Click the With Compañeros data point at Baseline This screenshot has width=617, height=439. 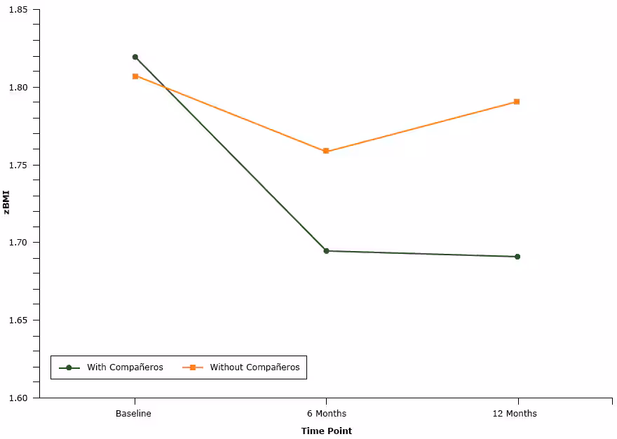pos(135,57)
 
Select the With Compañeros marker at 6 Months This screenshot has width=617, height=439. pos(326,250)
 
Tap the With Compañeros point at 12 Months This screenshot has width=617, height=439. pos(517,257)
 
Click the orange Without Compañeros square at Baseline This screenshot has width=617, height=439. pos(135,76)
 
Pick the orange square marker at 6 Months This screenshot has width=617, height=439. pos(326,151)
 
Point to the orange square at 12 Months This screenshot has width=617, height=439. pos(517,102)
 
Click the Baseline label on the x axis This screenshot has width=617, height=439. pos(133,414)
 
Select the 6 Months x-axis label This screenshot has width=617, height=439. pos(327,414)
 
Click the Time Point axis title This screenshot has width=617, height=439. pos(327,431)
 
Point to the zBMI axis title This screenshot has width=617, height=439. pos(7,203)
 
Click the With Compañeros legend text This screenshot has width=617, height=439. pos(125,367)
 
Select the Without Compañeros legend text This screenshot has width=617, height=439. pos(255,367)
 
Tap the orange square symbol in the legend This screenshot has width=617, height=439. pos(192,367)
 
